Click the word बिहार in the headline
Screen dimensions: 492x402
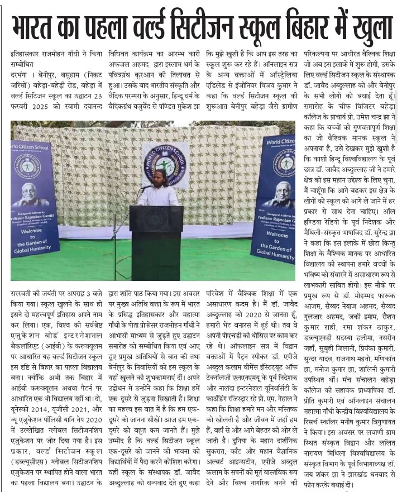[x=309, y=27]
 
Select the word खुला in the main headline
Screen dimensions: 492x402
[x=368, y=27]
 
